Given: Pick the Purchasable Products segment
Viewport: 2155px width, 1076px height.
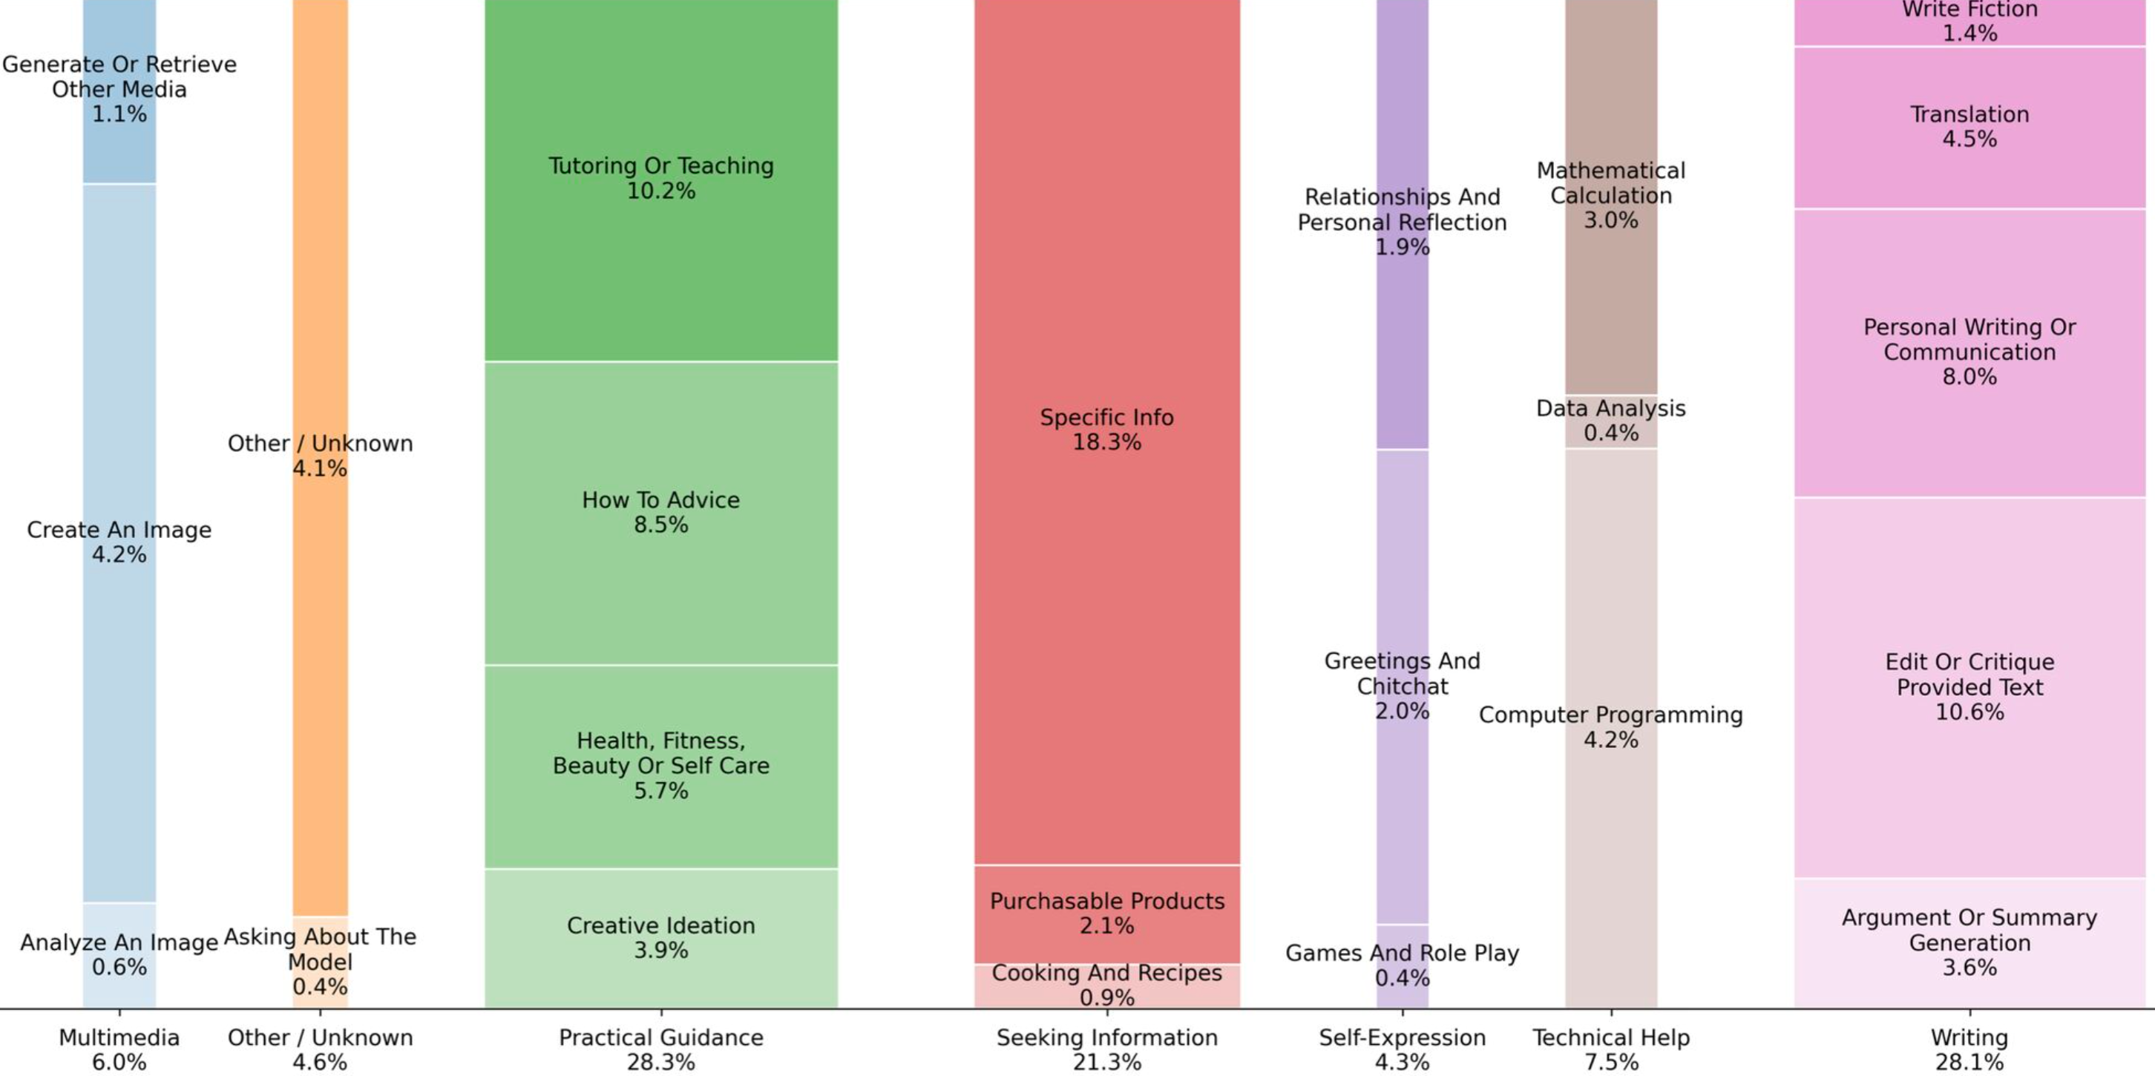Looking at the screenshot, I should pyautogui.click(x=1106, y=913).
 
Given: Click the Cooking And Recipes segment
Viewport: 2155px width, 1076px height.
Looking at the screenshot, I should pyautogui.click(x=1106, y=985).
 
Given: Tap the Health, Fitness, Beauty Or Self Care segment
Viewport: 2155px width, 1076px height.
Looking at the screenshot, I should pyautogui.click(x=661, y=766).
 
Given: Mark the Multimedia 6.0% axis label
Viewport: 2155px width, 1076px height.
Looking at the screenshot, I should pyautogui.click(x=119, y=1049).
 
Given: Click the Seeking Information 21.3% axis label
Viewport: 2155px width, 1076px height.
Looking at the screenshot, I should pyautogui.click(x=1106, y=1049).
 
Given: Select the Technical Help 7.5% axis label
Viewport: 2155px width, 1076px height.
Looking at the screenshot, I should pyautogui.click(x=1610, y=1049).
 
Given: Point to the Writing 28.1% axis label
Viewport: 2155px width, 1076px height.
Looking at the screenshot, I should pyautogui.click(x=1969, y=1049).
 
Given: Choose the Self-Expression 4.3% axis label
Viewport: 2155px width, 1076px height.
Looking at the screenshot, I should pyautogui.click(x=1402, y=1049).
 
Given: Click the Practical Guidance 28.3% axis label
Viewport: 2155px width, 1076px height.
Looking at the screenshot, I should pyautogui.click(x=661, y=1049).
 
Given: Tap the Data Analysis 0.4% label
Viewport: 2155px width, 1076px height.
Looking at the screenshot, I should pyautogui.click(x=1610, y=420).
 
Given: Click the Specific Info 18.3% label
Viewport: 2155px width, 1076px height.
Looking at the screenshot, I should pyautogui.click(x=1106, y=429).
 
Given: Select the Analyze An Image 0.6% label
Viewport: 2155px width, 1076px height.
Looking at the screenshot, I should pyautogui.click(x=119, y=955).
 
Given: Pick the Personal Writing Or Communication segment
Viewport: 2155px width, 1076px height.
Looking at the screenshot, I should pyautogui.click(x=1969, y=352).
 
